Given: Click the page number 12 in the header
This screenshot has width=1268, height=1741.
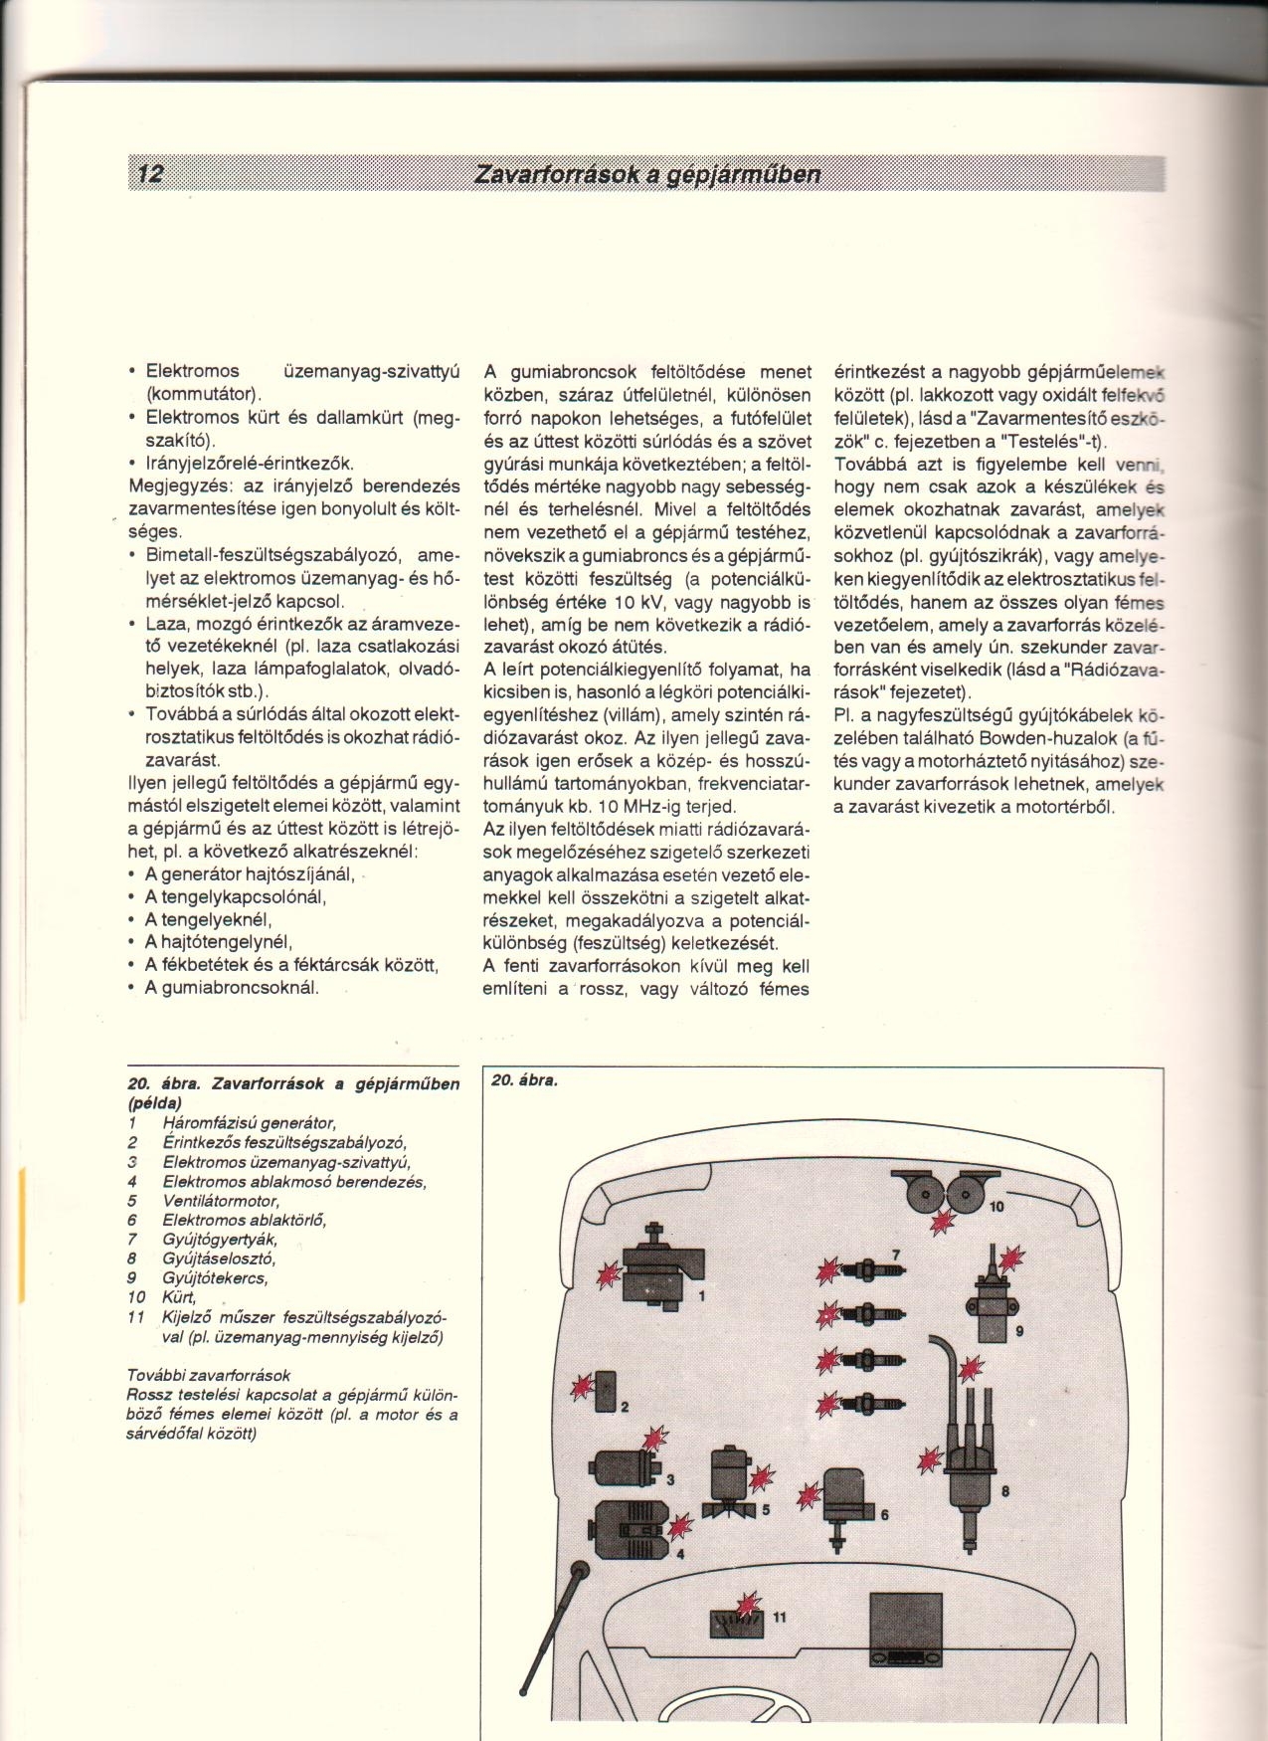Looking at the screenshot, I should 150,174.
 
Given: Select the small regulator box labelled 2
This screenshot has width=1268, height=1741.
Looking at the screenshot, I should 606,1391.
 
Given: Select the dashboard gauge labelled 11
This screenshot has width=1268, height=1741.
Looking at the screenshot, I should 735,1620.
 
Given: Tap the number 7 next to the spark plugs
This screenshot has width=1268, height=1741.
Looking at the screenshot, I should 895,1253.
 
